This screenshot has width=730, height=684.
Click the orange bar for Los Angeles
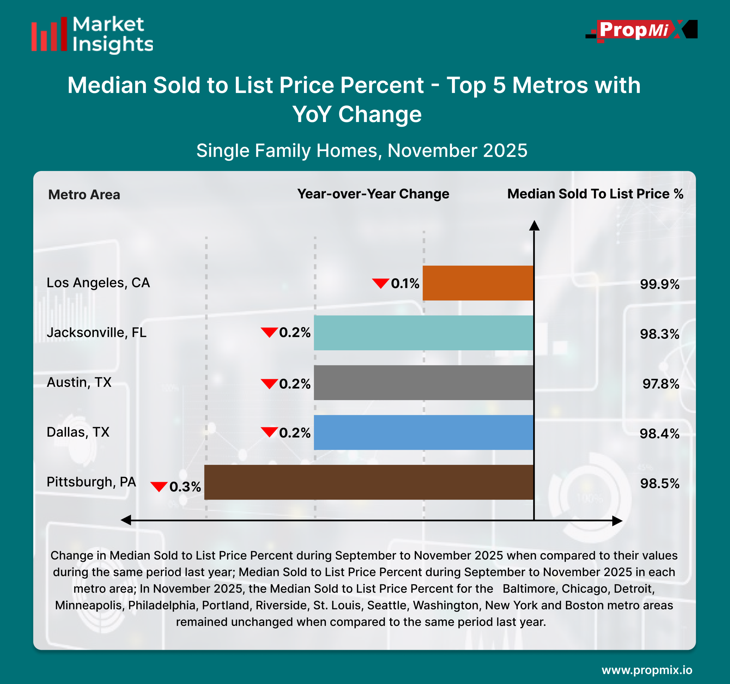(x=477, y=283)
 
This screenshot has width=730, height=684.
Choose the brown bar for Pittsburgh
(x=369, y=482)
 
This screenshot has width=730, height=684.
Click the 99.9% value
(x=660, y=284)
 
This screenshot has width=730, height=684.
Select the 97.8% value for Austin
(x=661, y=384)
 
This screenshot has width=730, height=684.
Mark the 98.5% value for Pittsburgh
(x=660, y=483)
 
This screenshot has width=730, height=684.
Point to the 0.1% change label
(x=405, y=283)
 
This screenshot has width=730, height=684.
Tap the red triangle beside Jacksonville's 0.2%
(x=269, y=332)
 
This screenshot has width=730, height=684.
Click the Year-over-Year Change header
(x=373, y=194)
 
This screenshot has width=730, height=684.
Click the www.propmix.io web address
(x=647, y=670)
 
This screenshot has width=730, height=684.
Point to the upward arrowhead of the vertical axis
(x=534, y=225)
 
